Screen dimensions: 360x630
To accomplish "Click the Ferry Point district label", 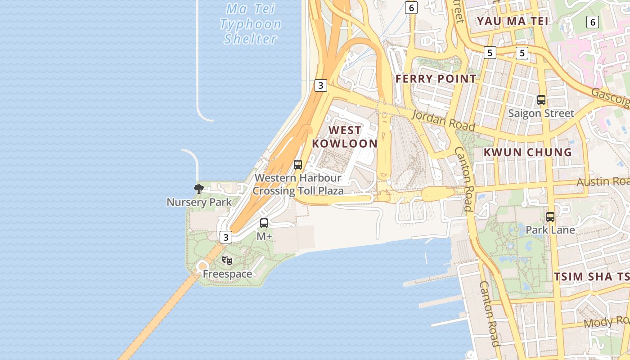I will click(x=435, y=79).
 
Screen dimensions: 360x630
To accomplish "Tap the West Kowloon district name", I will click(x=345, y=137).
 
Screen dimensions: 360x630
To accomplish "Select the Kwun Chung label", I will click(x=527, y=152).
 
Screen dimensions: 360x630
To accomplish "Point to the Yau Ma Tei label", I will click(x=513, y=21).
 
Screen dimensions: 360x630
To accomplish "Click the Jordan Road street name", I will click(x=443, y=120).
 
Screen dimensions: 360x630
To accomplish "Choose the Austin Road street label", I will click(x=603, y=181).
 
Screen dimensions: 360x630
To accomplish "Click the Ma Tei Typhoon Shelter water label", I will click(x=250, y=24).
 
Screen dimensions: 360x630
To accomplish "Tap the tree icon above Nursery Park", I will click(x=198, y=189).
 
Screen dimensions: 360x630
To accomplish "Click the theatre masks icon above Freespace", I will click(x=228, y=260).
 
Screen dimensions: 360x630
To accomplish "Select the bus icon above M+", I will click(x=264, y=223).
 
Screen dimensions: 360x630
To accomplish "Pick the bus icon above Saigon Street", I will click(x=541, y=100).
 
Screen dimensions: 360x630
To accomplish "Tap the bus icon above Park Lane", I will click(x=550, y=217).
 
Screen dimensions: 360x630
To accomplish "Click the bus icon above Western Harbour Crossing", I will click(x=298, y=165).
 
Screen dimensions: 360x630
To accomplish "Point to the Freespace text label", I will click(x=227, y=274).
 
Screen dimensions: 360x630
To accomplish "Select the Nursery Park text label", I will click(x=199, y=202).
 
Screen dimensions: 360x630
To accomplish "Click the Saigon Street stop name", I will click(x=541, y=113).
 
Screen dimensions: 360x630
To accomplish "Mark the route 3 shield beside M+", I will click(x=225, y=237).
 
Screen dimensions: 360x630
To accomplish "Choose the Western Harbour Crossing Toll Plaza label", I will click(x=298, y=184).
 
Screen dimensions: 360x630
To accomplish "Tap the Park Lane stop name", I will click(x=550, y=230).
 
